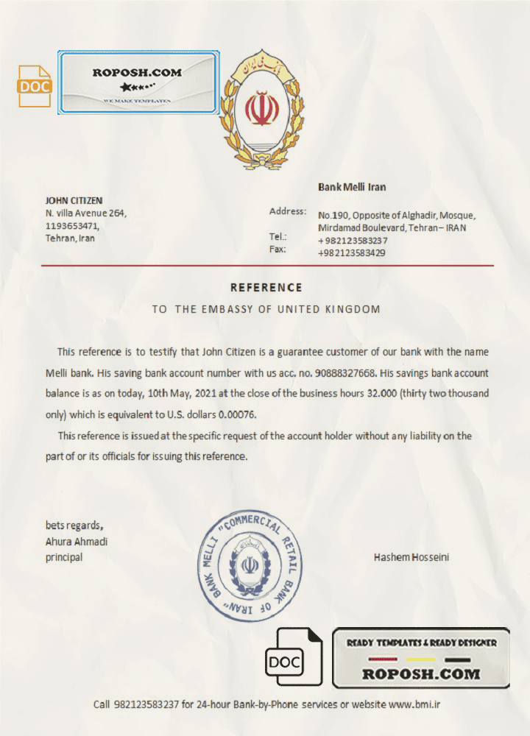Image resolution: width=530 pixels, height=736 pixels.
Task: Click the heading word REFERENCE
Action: (x=266, y=287)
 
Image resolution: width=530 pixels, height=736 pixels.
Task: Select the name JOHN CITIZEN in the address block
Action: (x=74, y=200)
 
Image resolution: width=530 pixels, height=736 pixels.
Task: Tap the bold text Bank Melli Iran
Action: (x=352, y=188)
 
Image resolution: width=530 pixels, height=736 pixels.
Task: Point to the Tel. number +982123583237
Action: (x=353, y=241)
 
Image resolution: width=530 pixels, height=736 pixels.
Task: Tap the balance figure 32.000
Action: (x=381, y=393)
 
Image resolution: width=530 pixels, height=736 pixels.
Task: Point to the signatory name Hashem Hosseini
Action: (x=411, y=557)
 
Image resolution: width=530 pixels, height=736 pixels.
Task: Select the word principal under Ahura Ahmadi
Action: (x=64, y=557)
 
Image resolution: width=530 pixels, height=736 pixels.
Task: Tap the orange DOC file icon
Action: (x=35, y=86)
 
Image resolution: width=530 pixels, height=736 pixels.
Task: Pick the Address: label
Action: (x=288, y=211)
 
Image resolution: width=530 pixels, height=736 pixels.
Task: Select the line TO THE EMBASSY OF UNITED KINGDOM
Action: (x=266, y=309)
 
